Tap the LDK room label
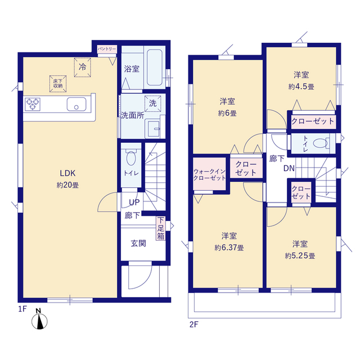coord(67,173)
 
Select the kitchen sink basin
coord(76,105)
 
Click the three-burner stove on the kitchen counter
coord(33,104)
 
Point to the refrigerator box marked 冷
coord(83,67)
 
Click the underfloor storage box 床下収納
coord(58,84)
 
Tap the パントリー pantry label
coord(107,49)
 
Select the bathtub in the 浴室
coord(155,67)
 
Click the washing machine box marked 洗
coord(152,103)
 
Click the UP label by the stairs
coord(134,202)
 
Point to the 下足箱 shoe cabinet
coord(161,228)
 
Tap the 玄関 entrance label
coord(138,244)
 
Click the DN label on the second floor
coord(289,169)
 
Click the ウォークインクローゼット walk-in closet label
coord(209,175)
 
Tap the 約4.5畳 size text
coord(301,87)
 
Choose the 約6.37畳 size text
coord(229,247)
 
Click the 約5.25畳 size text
coord(300,256)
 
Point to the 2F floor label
coord(193,325)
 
